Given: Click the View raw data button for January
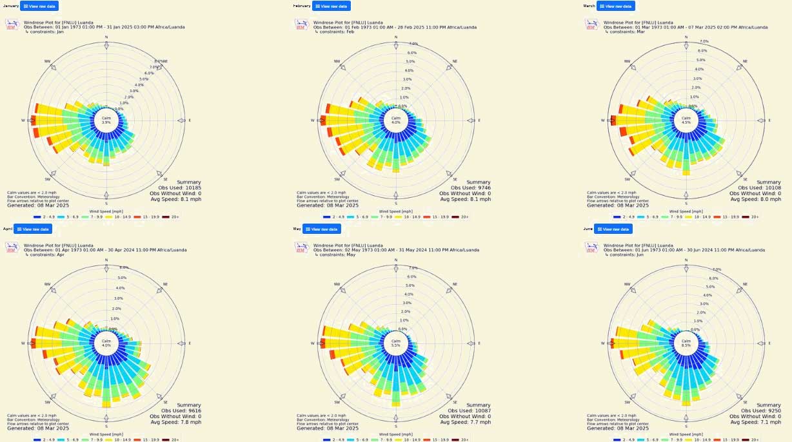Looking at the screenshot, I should (39, 6).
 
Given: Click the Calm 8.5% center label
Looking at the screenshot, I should (686, 343).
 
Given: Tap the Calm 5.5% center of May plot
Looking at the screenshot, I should (396, 343).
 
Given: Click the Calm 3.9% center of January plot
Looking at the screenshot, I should (106, 120).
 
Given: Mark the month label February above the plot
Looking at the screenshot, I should (302, 6).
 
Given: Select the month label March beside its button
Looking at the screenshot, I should (589, 6).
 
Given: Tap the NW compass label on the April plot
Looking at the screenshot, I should (47, 284).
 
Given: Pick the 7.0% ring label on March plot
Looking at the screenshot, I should (704, 41).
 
